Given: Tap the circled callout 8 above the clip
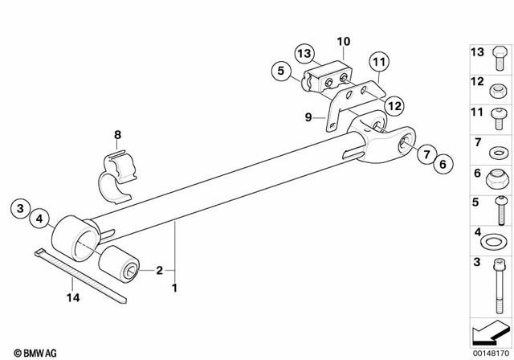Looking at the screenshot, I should (x=117, y=136).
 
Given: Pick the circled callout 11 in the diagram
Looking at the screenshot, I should (x=378, y=59).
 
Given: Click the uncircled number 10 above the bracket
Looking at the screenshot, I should (x=344, y=40).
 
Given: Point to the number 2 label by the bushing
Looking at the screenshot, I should (x=159, y=270).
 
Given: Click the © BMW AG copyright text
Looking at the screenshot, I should (x=31, y=352).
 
